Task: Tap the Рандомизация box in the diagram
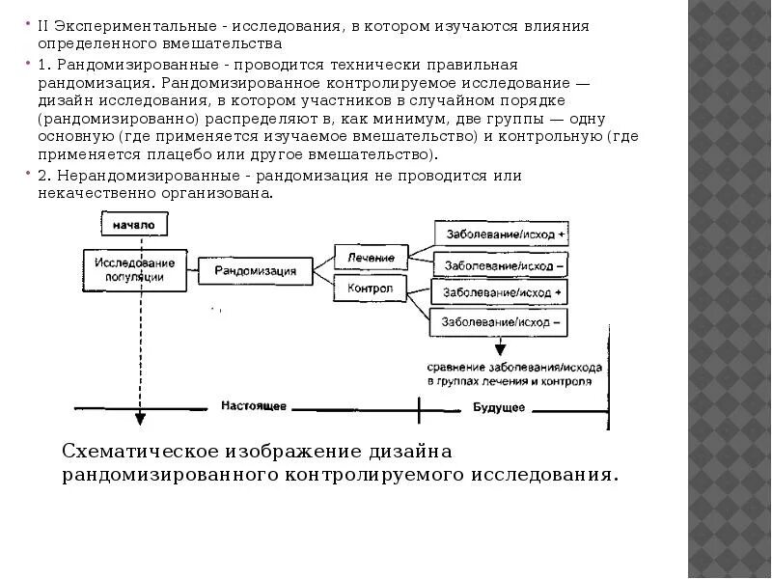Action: click(256, 271)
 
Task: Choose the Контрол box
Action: click(371, 288)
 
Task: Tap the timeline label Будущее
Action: click(499, 407)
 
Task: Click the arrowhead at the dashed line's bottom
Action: click(140, 419)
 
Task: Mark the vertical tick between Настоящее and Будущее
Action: click(419, 408)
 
